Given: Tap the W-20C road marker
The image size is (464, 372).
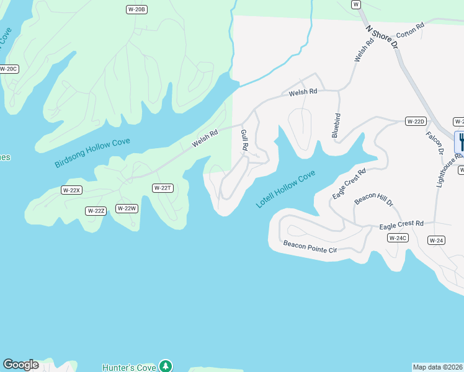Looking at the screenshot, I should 8,69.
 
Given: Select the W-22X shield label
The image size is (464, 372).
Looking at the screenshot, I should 72,190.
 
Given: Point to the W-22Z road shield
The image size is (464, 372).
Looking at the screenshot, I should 96,211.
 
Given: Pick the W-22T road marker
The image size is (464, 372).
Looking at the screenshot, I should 162,188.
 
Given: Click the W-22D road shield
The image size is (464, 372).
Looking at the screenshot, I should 415,121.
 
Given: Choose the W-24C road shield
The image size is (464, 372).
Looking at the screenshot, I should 397,238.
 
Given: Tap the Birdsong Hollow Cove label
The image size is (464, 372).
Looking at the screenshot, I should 92,153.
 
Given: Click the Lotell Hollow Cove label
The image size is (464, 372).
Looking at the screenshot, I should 286,189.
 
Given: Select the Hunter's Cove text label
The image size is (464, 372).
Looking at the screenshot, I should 129,368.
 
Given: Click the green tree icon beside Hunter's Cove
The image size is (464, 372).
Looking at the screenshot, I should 165,366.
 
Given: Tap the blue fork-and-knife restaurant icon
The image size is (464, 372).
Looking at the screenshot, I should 461,141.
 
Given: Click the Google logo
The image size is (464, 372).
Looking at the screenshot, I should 20,365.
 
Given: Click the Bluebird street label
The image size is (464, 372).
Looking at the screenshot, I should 337,125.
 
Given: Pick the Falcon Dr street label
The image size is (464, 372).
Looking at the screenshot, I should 435,143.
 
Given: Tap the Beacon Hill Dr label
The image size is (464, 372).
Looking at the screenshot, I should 373,200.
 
